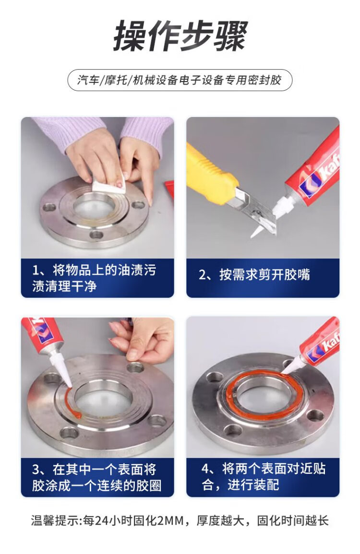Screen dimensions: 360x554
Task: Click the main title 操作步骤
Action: click(x=180, y=35)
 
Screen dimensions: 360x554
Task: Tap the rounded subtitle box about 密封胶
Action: click(x=180, y=80)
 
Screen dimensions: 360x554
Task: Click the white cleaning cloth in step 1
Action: click(x=109, y=182)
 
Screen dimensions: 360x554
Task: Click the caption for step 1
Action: click(x=94, y=278)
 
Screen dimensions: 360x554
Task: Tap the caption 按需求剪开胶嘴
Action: click(x=254, y=274)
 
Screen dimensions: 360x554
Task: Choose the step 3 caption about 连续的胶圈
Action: click(x=96, y=477)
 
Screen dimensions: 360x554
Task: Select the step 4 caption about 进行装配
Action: click(x=263, y=477)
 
